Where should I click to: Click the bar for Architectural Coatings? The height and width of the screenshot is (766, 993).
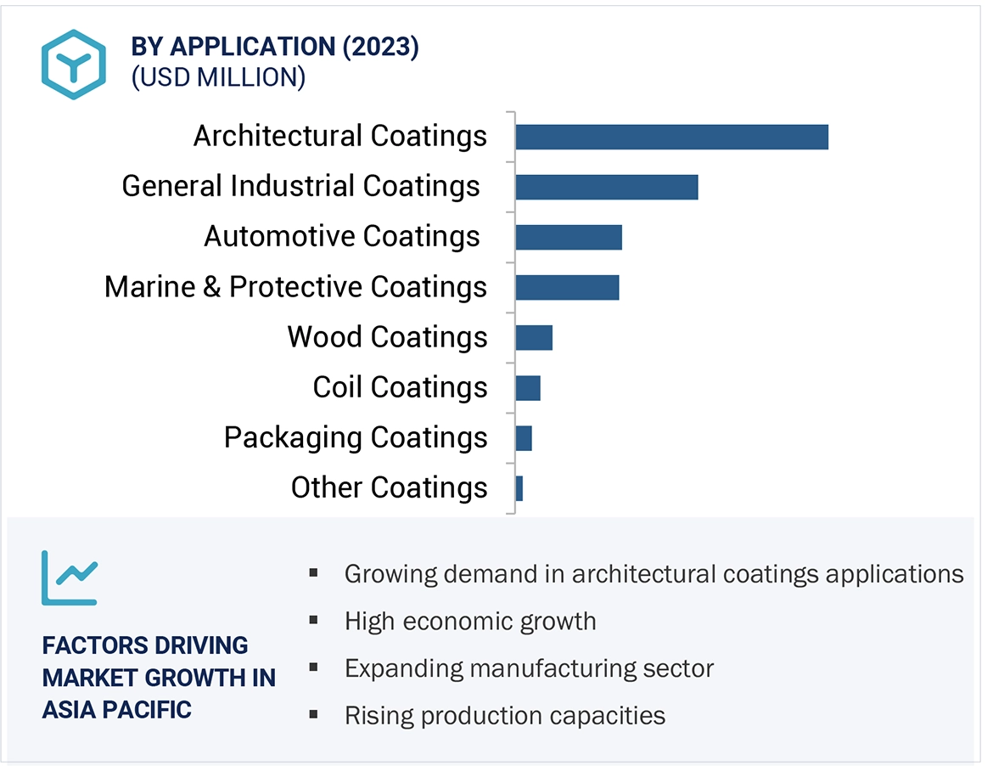click(x=671, y=137)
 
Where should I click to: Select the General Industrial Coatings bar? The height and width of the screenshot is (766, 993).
click(x=606, y=187)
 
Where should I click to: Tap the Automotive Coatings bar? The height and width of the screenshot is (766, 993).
click(x=569, y=237)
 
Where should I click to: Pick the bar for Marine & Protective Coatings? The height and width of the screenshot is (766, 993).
click(x=567, y=287)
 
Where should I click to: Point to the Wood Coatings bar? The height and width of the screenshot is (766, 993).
click(x=534, y=337)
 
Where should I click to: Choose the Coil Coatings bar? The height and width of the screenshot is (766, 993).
click(x=528, y=387)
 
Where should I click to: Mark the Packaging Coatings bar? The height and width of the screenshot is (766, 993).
click(x=524, y=438)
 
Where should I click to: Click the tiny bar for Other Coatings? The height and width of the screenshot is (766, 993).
click(x=519, y=488)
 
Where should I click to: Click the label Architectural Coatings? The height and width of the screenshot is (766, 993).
click(x=340, y=136)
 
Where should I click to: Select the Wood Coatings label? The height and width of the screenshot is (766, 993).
click(x=387, y=337)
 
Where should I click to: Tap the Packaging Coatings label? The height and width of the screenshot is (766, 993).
click(x=356, y=437)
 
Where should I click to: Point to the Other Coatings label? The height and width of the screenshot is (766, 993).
click(x=389, y=487)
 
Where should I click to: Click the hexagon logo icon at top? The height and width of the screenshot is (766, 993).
click(x=74, y=65)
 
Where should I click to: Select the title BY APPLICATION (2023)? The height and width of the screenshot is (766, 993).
click(x=275, y=47)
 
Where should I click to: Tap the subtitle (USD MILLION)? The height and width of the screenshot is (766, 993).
click(x=218, y=77)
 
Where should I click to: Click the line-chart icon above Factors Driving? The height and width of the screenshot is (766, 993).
click(x=70, y=577)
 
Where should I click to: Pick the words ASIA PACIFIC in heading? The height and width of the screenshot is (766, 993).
click(x=116, y=709)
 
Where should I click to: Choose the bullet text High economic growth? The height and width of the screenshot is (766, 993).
click(x=470, y=621)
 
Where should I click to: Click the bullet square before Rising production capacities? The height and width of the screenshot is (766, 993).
click(x=314, y=715)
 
